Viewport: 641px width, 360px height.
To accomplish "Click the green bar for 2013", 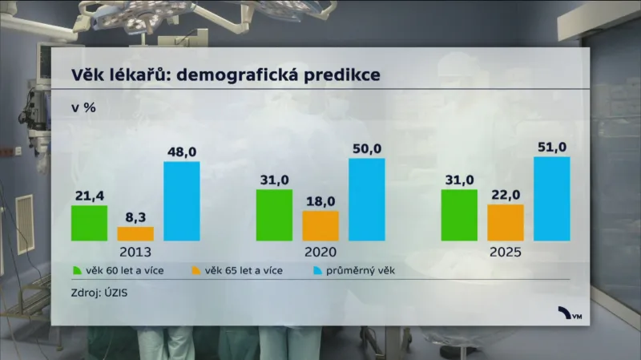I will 89,223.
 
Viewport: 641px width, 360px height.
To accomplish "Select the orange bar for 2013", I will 135,233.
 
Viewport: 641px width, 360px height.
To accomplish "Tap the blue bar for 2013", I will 182,200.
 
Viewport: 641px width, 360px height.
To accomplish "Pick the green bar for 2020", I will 274,215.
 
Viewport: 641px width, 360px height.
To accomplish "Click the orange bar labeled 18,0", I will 320,225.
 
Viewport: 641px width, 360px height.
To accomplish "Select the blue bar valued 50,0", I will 367,199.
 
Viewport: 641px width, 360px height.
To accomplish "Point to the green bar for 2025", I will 459,215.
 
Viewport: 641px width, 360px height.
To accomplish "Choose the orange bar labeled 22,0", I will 506,222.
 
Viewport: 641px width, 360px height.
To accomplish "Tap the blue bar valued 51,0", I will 552,198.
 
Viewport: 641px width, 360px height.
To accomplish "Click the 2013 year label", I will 135,251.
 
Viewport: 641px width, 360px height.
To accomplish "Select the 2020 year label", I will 320,251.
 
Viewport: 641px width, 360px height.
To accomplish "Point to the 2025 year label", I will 506,251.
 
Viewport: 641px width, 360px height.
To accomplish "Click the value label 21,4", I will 89,196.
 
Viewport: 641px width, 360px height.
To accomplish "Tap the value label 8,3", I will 135,216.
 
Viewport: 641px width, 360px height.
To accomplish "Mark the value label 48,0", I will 182,152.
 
